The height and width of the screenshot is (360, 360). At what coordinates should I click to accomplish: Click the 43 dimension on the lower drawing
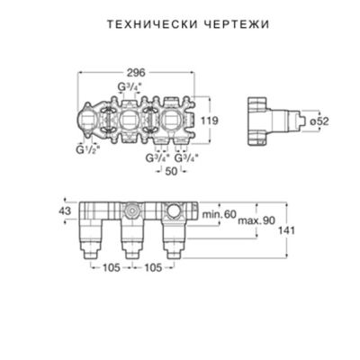click(62, 210)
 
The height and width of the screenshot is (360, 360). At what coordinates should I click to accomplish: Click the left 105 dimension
click(110, 267)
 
